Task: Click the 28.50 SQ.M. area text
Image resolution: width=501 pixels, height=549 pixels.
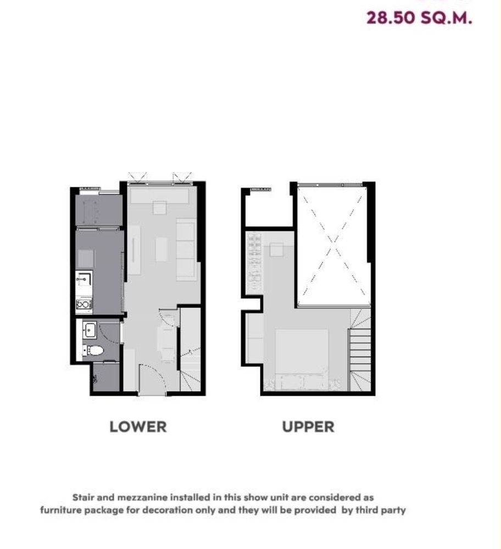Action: point(419,18)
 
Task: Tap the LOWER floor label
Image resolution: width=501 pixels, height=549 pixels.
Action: point(137,426)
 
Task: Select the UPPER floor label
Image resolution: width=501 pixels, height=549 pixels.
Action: point(308,426)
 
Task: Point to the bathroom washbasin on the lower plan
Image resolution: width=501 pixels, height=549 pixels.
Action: point(90,331)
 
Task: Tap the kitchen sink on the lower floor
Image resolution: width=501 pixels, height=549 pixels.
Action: point(83,279)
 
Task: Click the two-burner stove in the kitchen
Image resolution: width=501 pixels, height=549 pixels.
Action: point(83,304)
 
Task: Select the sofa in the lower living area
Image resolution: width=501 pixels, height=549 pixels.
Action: point(186,249)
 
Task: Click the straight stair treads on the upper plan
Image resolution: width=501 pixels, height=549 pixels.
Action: point(361,347)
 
